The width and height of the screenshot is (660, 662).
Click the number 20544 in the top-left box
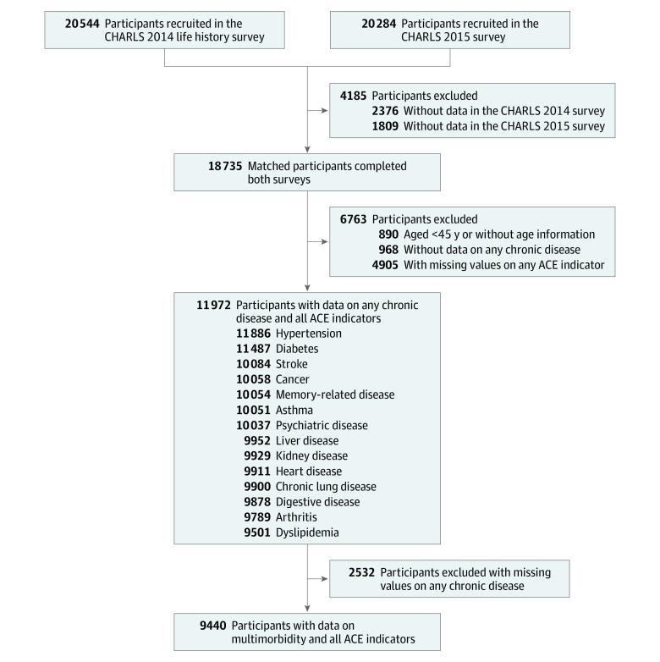click(x=84, y=24)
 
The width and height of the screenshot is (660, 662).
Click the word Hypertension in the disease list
click(x=310, y=334)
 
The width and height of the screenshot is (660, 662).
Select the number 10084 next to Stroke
click(x=254, y=364)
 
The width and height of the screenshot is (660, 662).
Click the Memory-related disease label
click(x=334, y=394)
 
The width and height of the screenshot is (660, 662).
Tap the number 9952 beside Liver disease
click(x=257, y=440)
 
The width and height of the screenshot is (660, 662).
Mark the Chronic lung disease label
click(x=326, y=486)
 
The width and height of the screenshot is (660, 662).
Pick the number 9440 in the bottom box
click(x=213, y=625)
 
